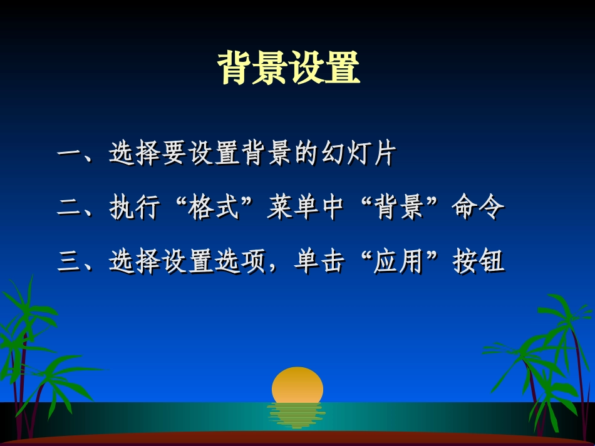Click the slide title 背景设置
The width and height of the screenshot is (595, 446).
click(x=289, y=68)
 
